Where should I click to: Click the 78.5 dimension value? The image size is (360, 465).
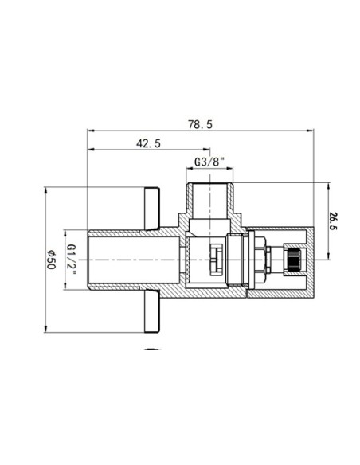[200, 124]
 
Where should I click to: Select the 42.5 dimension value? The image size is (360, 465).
[148, 143]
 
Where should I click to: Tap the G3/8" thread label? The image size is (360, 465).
[209, 162]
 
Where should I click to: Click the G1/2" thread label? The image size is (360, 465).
[72, 260]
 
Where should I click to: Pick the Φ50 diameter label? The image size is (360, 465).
[51, 260]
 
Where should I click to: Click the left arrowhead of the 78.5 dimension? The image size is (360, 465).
[91, 131]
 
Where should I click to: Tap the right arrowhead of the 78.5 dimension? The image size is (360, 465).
[310, 131]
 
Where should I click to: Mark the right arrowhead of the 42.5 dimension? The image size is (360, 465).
[206, 150]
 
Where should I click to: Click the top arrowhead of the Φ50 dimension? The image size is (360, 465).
[45, 190]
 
